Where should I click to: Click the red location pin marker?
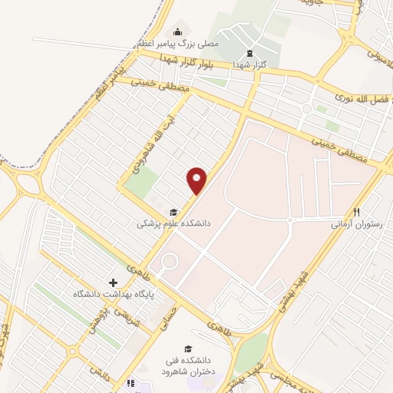tap(198, 180)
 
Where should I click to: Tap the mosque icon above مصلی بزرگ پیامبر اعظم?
tap(178, 31)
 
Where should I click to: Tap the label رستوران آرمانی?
tap(352, 224)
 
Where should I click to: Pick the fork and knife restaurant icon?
tap(356, 212)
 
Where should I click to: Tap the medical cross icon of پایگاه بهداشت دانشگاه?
tap(114, 282)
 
